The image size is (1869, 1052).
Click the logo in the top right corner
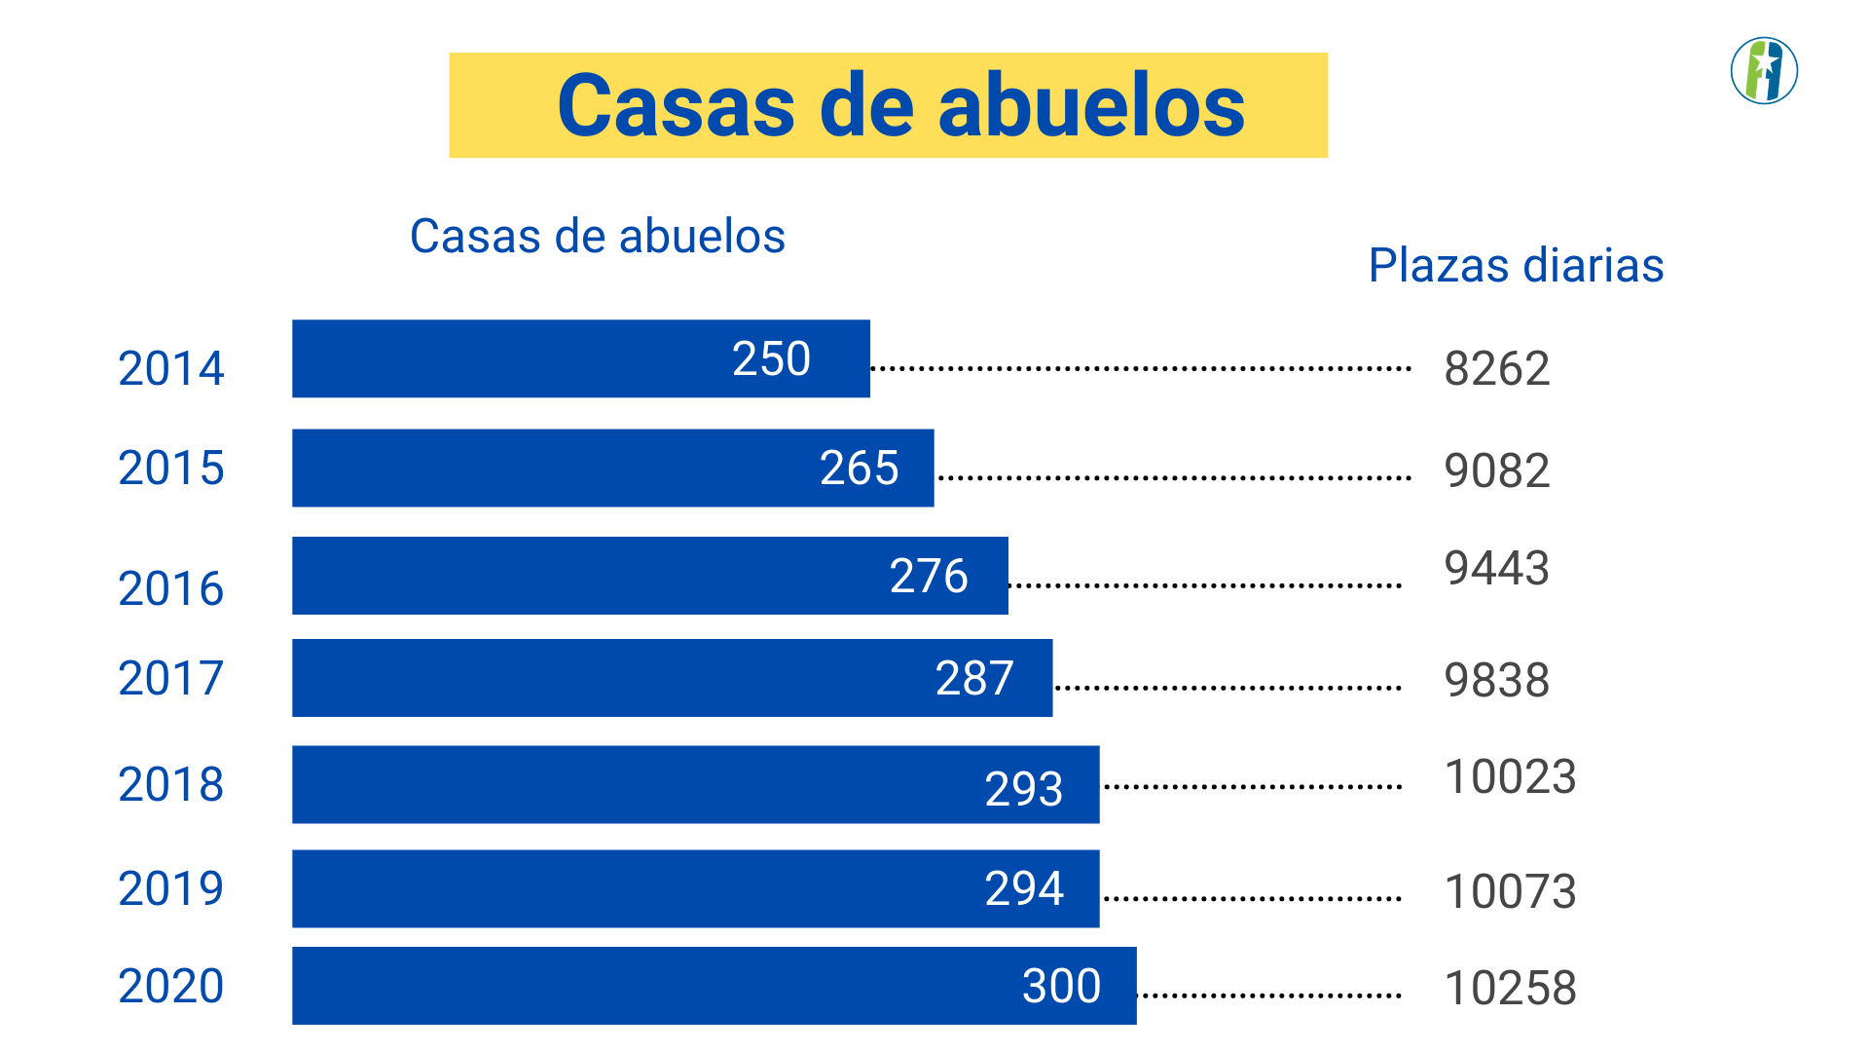pos(1764,71)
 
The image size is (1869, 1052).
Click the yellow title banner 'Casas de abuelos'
pos(888,105)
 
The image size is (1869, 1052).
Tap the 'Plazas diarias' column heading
pos(1516,265)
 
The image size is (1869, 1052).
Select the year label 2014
pos(171,368)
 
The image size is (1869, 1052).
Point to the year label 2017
pos(171,678)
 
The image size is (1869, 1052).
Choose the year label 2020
pos(171,986)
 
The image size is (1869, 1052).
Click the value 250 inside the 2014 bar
pos(771,358)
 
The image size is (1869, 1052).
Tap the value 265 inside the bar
pos(859,468)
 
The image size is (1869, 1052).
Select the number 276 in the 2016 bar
pos(929,576)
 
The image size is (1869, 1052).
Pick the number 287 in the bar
pos(974,678)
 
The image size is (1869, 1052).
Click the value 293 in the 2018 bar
pos(1023,788)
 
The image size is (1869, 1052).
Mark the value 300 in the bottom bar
pos(1061,986)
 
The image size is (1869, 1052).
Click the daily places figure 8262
pos(1497,368)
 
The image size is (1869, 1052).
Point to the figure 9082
pos(1497,470)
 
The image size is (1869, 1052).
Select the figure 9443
pos(1497,568)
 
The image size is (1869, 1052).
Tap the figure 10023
pos(1510,776)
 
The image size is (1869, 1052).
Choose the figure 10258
pos(1510,988)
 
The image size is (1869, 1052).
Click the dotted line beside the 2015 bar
pos(1173,478)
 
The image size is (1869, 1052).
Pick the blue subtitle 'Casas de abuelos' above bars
pos(597,236)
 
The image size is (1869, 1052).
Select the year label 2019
pos(171,888)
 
